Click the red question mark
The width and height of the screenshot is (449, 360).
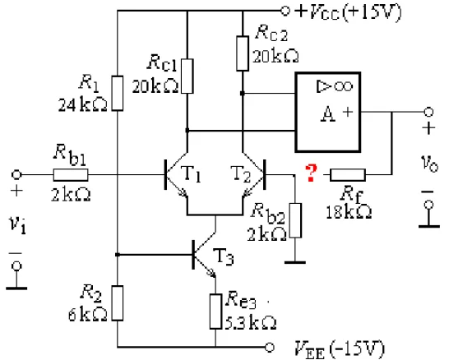(311, 173)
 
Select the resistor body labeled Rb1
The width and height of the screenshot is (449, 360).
(71, 174)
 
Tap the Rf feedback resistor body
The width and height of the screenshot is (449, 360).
(348, 174)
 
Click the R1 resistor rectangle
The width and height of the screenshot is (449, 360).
(118, 93)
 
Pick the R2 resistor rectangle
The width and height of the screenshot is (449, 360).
(118, 303)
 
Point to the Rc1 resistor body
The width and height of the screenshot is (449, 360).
(187, 76)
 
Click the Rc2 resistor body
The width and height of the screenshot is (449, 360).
(243, 53)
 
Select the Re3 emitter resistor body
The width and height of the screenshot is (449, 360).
(215, 312)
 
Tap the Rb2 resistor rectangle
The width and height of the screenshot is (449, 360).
(295, 220)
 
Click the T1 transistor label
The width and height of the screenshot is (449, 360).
(191, 173)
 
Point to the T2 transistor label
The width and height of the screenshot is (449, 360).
(240, 173)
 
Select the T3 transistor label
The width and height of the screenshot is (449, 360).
(224, 256)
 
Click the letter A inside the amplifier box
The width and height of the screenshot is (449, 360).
(327, 114)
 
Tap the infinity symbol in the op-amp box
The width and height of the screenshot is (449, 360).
(343, 86)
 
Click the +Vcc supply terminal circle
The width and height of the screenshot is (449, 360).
(285, 11)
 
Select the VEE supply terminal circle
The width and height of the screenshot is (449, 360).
(269, 347)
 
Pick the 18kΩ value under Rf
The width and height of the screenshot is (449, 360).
(349, 212)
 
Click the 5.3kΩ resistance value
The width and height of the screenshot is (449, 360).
(251, 322)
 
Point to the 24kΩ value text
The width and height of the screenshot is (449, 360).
(83, 104)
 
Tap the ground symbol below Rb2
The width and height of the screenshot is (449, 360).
(295, 262)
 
